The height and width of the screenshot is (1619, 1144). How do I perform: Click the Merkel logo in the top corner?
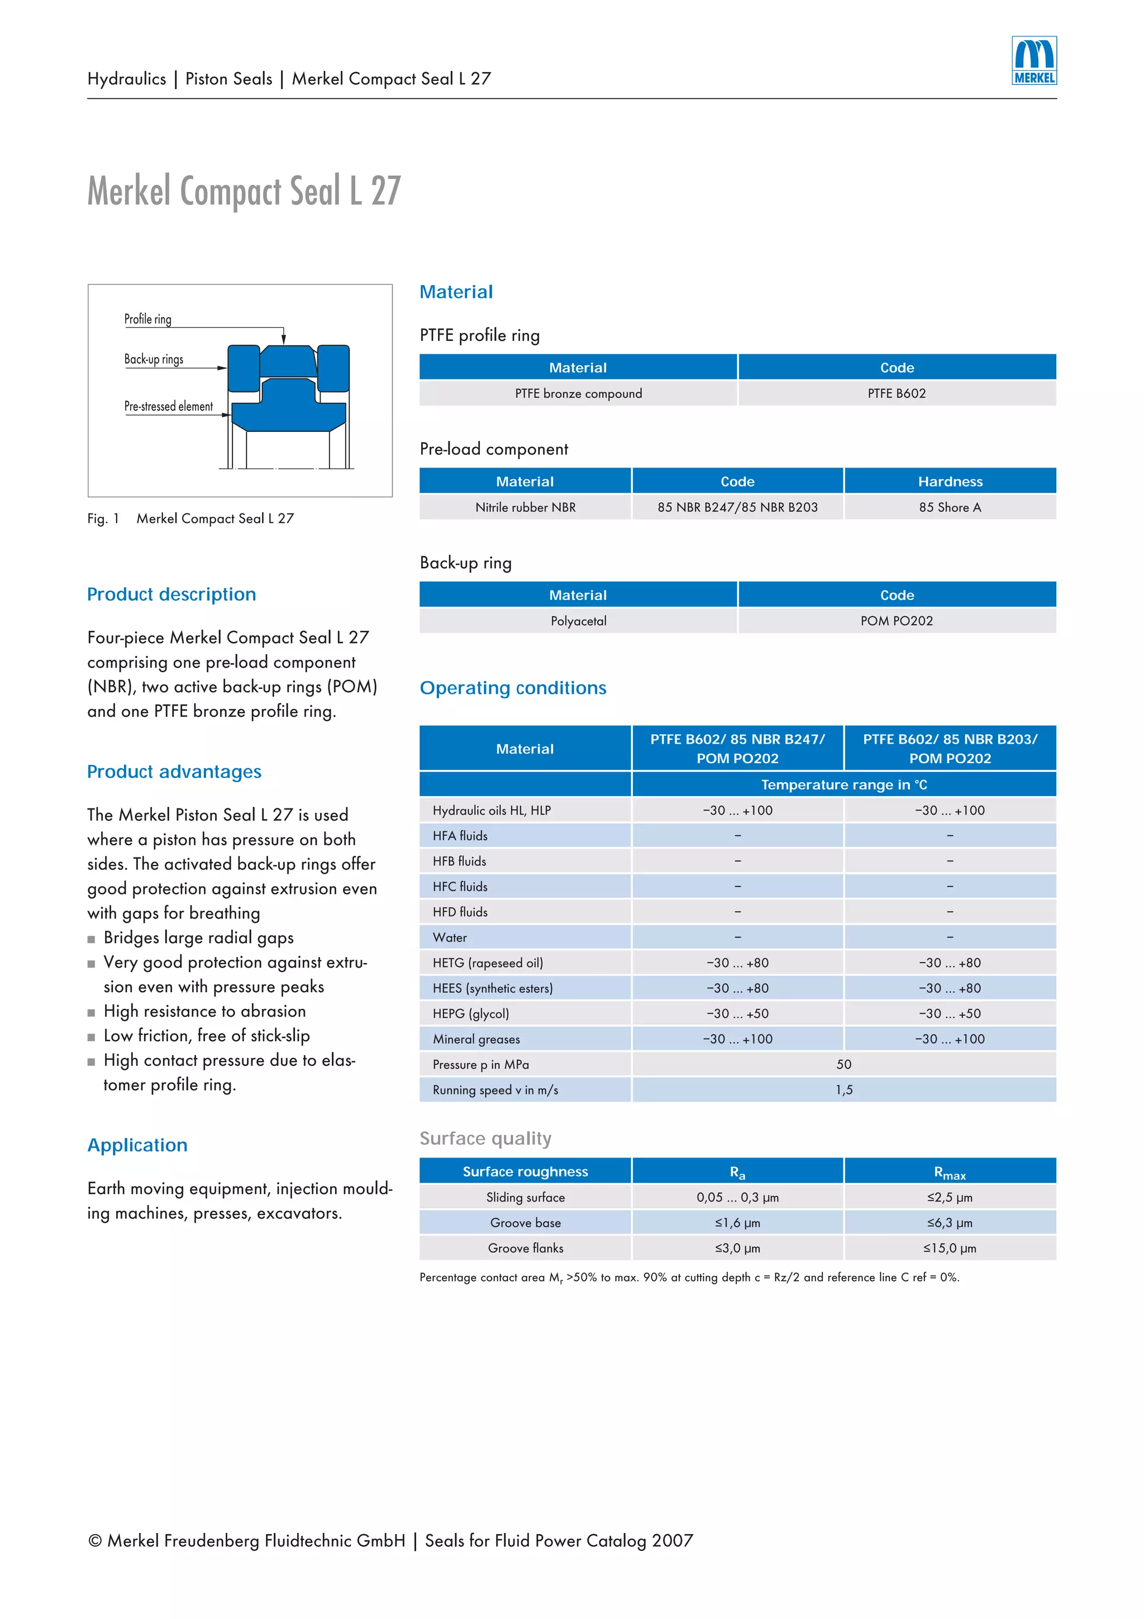[x=1033, y=61]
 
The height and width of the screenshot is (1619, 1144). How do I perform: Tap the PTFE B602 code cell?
[x=896, y=393]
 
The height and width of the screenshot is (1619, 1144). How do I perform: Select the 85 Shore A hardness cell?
[x=950, y=507]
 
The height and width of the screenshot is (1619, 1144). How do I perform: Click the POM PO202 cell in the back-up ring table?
[x=896, y=621]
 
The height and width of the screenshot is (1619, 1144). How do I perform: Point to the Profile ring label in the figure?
[x=148, y=319]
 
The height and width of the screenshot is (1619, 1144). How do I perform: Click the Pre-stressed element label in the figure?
[x=169, y=406]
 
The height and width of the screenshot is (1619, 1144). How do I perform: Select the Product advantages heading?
[x=174, y=772]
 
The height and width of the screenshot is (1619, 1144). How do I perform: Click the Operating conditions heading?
[x=512, y=688]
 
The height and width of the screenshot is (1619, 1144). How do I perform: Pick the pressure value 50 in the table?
[x=843, y=1064]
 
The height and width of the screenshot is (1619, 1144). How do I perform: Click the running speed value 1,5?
[x=843, y=1089]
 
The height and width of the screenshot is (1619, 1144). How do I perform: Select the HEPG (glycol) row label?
[x=471, y=1013]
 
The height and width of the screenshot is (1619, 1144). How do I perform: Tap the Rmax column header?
[x=950, y=1172]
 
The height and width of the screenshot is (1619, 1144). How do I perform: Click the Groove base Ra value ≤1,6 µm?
[x=737, y=1223]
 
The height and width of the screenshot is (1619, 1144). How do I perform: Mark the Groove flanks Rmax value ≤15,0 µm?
[x=950, y=1248]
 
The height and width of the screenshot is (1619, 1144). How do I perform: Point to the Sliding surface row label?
[x=525, y=1197]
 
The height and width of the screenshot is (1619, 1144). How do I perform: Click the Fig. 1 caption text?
[x=190, y=518]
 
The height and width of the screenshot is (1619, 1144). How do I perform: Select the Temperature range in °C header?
[x=843, y=785]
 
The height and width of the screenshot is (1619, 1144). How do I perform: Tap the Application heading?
[x=137, y=1145]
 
